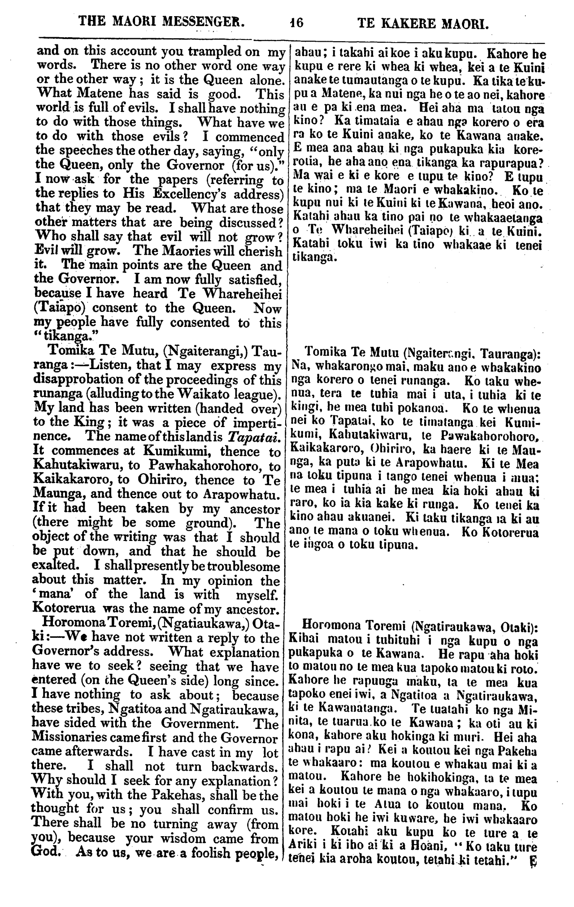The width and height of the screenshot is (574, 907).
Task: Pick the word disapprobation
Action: click(83, 380)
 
